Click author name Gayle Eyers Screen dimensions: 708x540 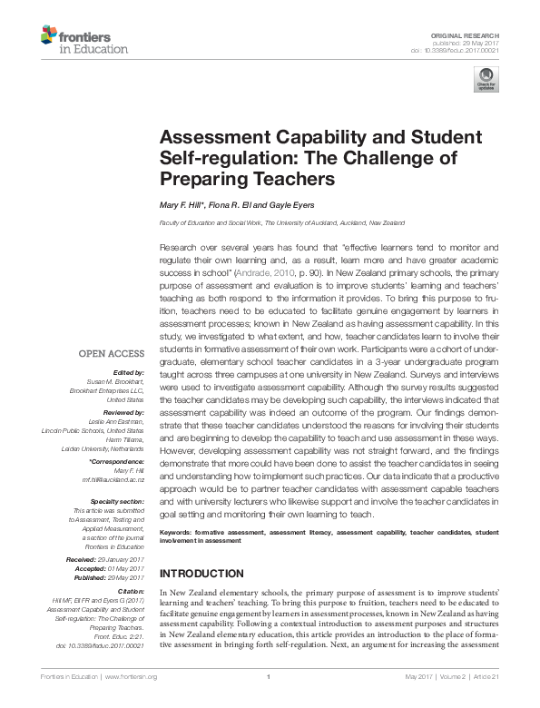coord(290,205)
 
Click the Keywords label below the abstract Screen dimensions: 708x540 coord(178,532)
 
